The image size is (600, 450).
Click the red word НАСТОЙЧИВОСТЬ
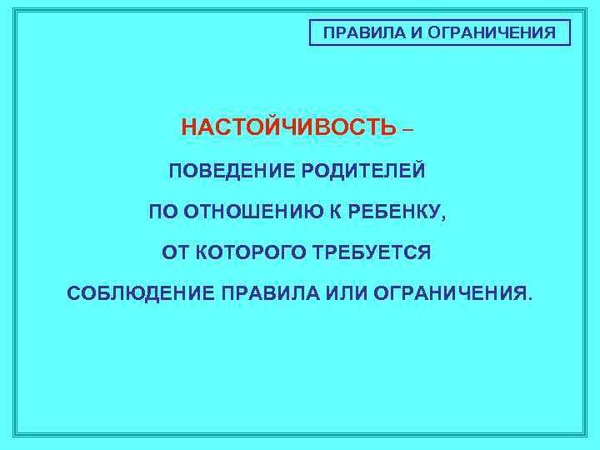coord(289,128)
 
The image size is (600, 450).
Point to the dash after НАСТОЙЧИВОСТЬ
coord(407,130)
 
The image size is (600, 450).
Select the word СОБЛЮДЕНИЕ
coord(141,294)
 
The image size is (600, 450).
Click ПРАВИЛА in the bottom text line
coord(268,294)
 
